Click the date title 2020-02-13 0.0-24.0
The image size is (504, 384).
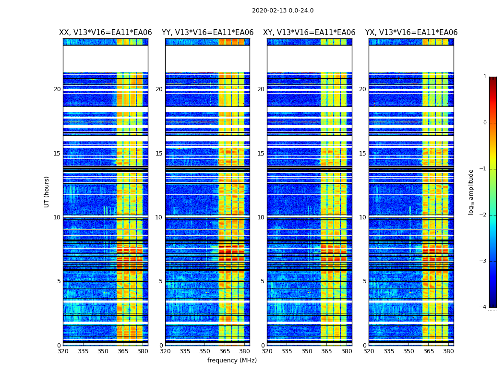click(283, 11)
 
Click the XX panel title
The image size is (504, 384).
click(106, 33)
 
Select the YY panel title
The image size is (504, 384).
click(207, 33)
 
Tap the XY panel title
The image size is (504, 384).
click(309, 33)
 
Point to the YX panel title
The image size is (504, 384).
click(411, 33)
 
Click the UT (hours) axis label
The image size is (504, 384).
click(47, 192)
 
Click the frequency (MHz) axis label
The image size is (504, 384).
click(232, 360)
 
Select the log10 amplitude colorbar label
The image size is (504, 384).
click(471, 192)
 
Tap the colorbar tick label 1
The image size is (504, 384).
click(484, 77)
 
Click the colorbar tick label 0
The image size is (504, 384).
click(484, 123)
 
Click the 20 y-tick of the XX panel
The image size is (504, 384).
click(57, 89)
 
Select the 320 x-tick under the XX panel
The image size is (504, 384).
click(63, 351)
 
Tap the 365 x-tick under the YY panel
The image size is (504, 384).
click(225, 351)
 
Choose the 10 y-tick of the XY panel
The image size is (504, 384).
click(261, 217)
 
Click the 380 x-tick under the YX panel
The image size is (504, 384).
click(448, 351)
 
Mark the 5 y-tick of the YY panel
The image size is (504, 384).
click(161, 281)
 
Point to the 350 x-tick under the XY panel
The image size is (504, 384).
click(307, 351)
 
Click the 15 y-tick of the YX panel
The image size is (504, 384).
click(363, 154)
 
